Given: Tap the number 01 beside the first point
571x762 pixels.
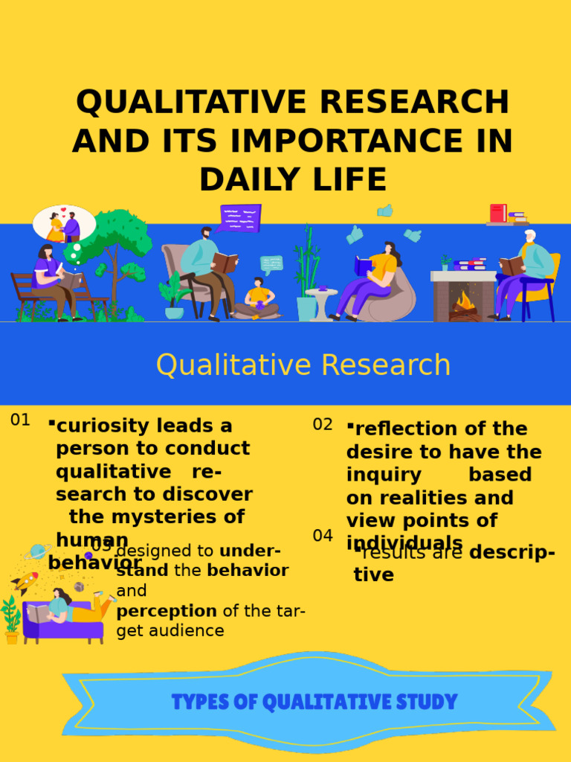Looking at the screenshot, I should pyautogui.click(x=20, y=420).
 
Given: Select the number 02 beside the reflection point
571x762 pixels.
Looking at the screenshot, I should pyautogui.click(x=323, y=425).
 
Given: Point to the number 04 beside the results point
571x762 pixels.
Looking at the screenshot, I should pyautogui.click(x=323, y=536).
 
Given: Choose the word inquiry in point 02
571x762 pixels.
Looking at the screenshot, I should pyautogui.click(x=384, y=475).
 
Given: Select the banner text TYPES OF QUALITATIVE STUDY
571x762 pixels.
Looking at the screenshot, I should pyautogui.click(x=314, y=702).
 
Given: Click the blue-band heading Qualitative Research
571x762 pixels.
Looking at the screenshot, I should pyautogui.click(x=303, y=365).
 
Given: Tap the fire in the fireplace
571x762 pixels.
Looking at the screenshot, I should pyautogui.click(x=465, y=301).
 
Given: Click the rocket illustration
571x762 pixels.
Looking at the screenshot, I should pyautogui.click(x=26, y=580).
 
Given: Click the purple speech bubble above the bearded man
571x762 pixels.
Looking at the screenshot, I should pyautogui.click(x=240, y=218).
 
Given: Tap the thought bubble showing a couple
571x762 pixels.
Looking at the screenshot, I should pyautogui.click(x=64, y=224).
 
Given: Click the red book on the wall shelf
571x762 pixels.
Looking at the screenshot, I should pyautogui.click(x=497, y=214).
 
